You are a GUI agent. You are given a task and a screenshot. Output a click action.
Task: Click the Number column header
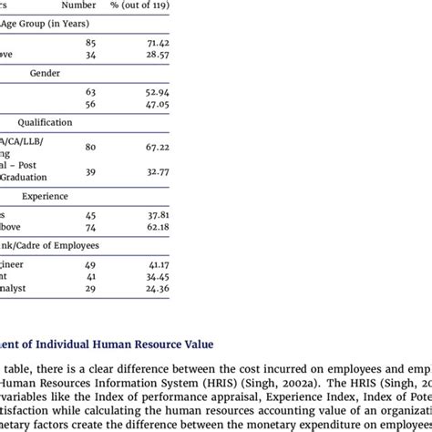pos(90,5)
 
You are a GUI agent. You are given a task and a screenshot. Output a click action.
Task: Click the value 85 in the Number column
pos(90,42)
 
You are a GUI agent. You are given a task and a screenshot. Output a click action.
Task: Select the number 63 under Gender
pos(90,92)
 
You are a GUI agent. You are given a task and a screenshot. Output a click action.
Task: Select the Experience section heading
pos(46,196)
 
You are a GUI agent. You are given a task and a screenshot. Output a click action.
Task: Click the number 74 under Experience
pos(90,227)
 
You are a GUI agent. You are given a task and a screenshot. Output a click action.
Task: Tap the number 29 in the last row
pos(90,289)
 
